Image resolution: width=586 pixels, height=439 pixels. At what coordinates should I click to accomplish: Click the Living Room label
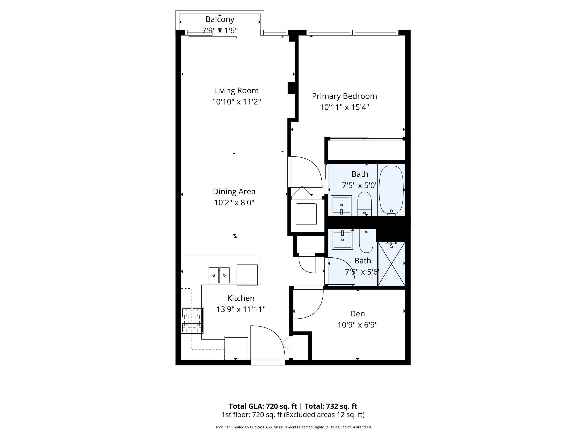[236, 91]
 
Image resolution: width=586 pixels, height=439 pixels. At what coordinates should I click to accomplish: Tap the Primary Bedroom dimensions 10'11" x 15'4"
[344, 107]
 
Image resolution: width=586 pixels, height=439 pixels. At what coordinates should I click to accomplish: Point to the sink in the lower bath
[342, 240]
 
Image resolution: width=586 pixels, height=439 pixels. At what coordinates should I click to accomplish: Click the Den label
[357, 314]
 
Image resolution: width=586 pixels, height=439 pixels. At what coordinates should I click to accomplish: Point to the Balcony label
[220, 19]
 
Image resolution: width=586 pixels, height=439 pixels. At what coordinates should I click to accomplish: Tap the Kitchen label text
[241, 298]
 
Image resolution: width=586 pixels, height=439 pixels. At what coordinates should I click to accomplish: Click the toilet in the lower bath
[366, 242]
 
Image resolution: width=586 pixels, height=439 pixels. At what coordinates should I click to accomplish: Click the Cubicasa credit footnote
[293, 427]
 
